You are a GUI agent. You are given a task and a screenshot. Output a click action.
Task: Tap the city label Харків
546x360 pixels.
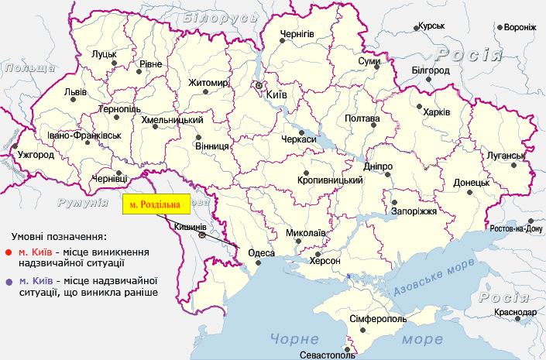[x=437, y=112]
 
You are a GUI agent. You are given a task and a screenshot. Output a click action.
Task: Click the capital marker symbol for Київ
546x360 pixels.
[x=260, y=86]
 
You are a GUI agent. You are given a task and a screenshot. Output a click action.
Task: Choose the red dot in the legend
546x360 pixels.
[x=8, y=252]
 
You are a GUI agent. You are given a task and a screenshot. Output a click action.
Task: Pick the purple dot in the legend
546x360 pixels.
[x=8, y=280]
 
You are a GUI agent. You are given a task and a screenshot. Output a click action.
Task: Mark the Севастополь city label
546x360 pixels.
[x=328, y=356]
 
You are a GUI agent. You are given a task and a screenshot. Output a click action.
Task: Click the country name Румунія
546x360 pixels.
[x=82, y=202]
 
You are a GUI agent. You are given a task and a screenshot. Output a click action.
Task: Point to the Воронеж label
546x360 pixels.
[x=520, y=27]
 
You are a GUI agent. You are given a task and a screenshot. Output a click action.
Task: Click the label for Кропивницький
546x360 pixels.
[x=330, y=180]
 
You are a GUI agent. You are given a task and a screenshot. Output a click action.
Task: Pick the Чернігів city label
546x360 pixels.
[x=297, y=34]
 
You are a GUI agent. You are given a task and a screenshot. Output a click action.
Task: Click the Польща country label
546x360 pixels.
[x=26, y=68]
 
